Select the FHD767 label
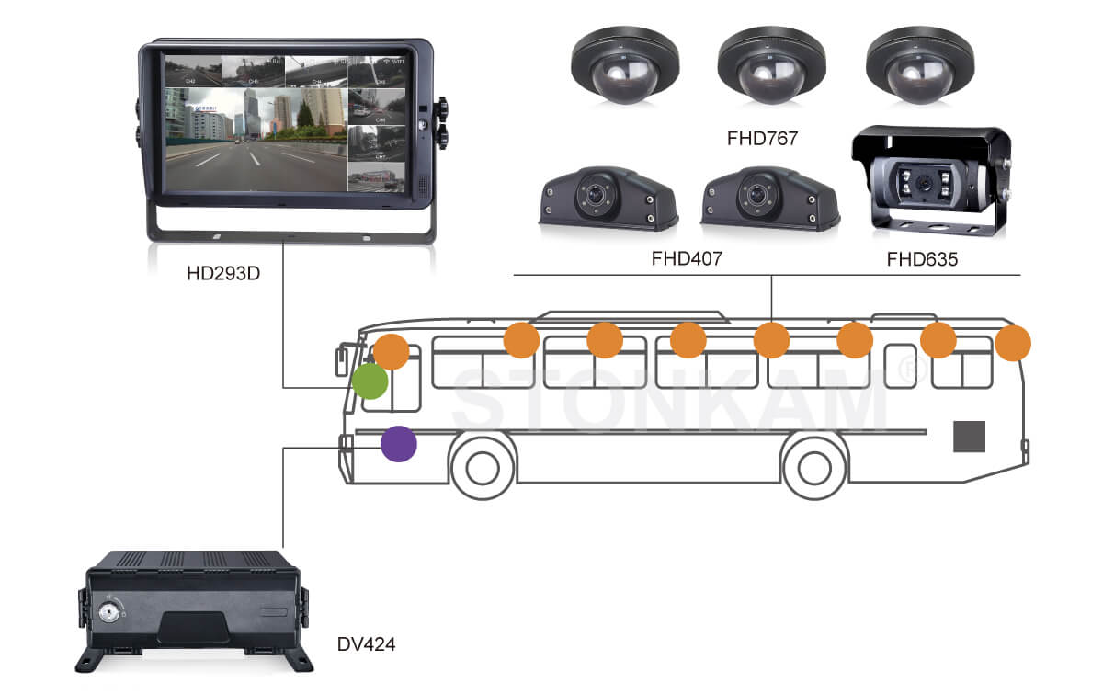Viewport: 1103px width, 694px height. pos(762,140)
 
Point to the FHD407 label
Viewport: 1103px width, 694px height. pos(687,259)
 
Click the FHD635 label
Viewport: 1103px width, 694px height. pos(922,259)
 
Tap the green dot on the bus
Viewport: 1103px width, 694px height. pos(370,381)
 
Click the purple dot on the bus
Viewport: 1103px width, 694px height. pos(399,445)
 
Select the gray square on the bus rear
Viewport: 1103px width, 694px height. pos(969,437)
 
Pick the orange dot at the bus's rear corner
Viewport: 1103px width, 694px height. pos(1013,343)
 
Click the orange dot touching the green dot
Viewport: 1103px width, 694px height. pos(392,351)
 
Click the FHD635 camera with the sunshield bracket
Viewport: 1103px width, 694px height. pos(931,180)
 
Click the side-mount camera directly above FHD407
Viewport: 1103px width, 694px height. pos(756,198)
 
